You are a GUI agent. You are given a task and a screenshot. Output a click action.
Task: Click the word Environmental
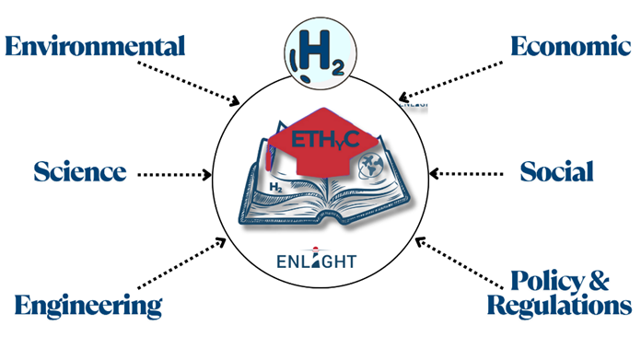point(95,46)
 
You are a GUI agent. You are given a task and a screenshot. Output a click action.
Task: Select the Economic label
point(565,46)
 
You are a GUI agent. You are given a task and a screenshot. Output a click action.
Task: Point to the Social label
point(556,171)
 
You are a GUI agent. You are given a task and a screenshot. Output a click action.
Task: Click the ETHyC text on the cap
point(319,141)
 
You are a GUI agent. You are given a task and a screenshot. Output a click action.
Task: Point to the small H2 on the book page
point(274,187)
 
